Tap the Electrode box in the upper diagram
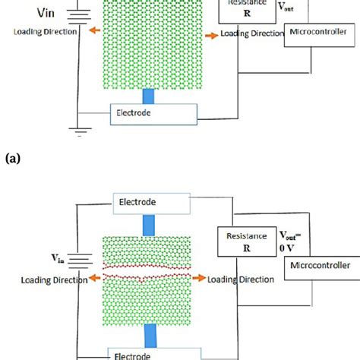point(154,113)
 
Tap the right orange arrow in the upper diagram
point(211,34)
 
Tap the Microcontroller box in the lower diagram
point(319,265)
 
